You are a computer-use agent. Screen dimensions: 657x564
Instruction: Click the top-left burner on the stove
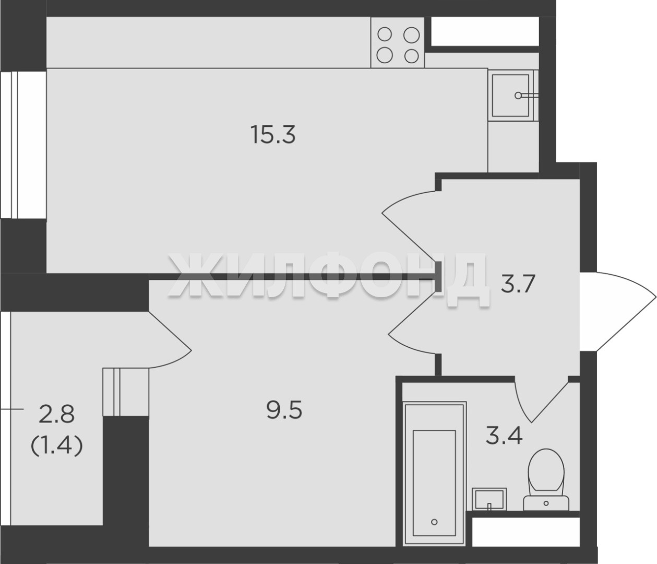point(385,34)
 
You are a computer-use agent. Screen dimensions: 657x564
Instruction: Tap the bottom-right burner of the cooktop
point(411,56)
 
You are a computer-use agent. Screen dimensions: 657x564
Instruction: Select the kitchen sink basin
point(510,95)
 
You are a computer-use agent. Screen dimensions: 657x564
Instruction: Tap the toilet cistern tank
point(546,504)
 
